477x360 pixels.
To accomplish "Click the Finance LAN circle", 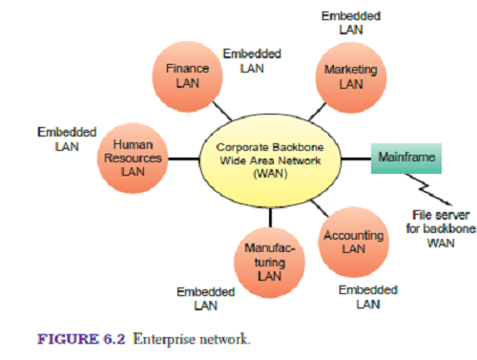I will pyautogui.click(x=187, y=76).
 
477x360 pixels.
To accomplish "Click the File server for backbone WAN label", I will pyautogui.click(x=436, y=229).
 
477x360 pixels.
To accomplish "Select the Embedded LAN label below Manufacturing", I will pyautogui.click(x=205, y=298).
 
